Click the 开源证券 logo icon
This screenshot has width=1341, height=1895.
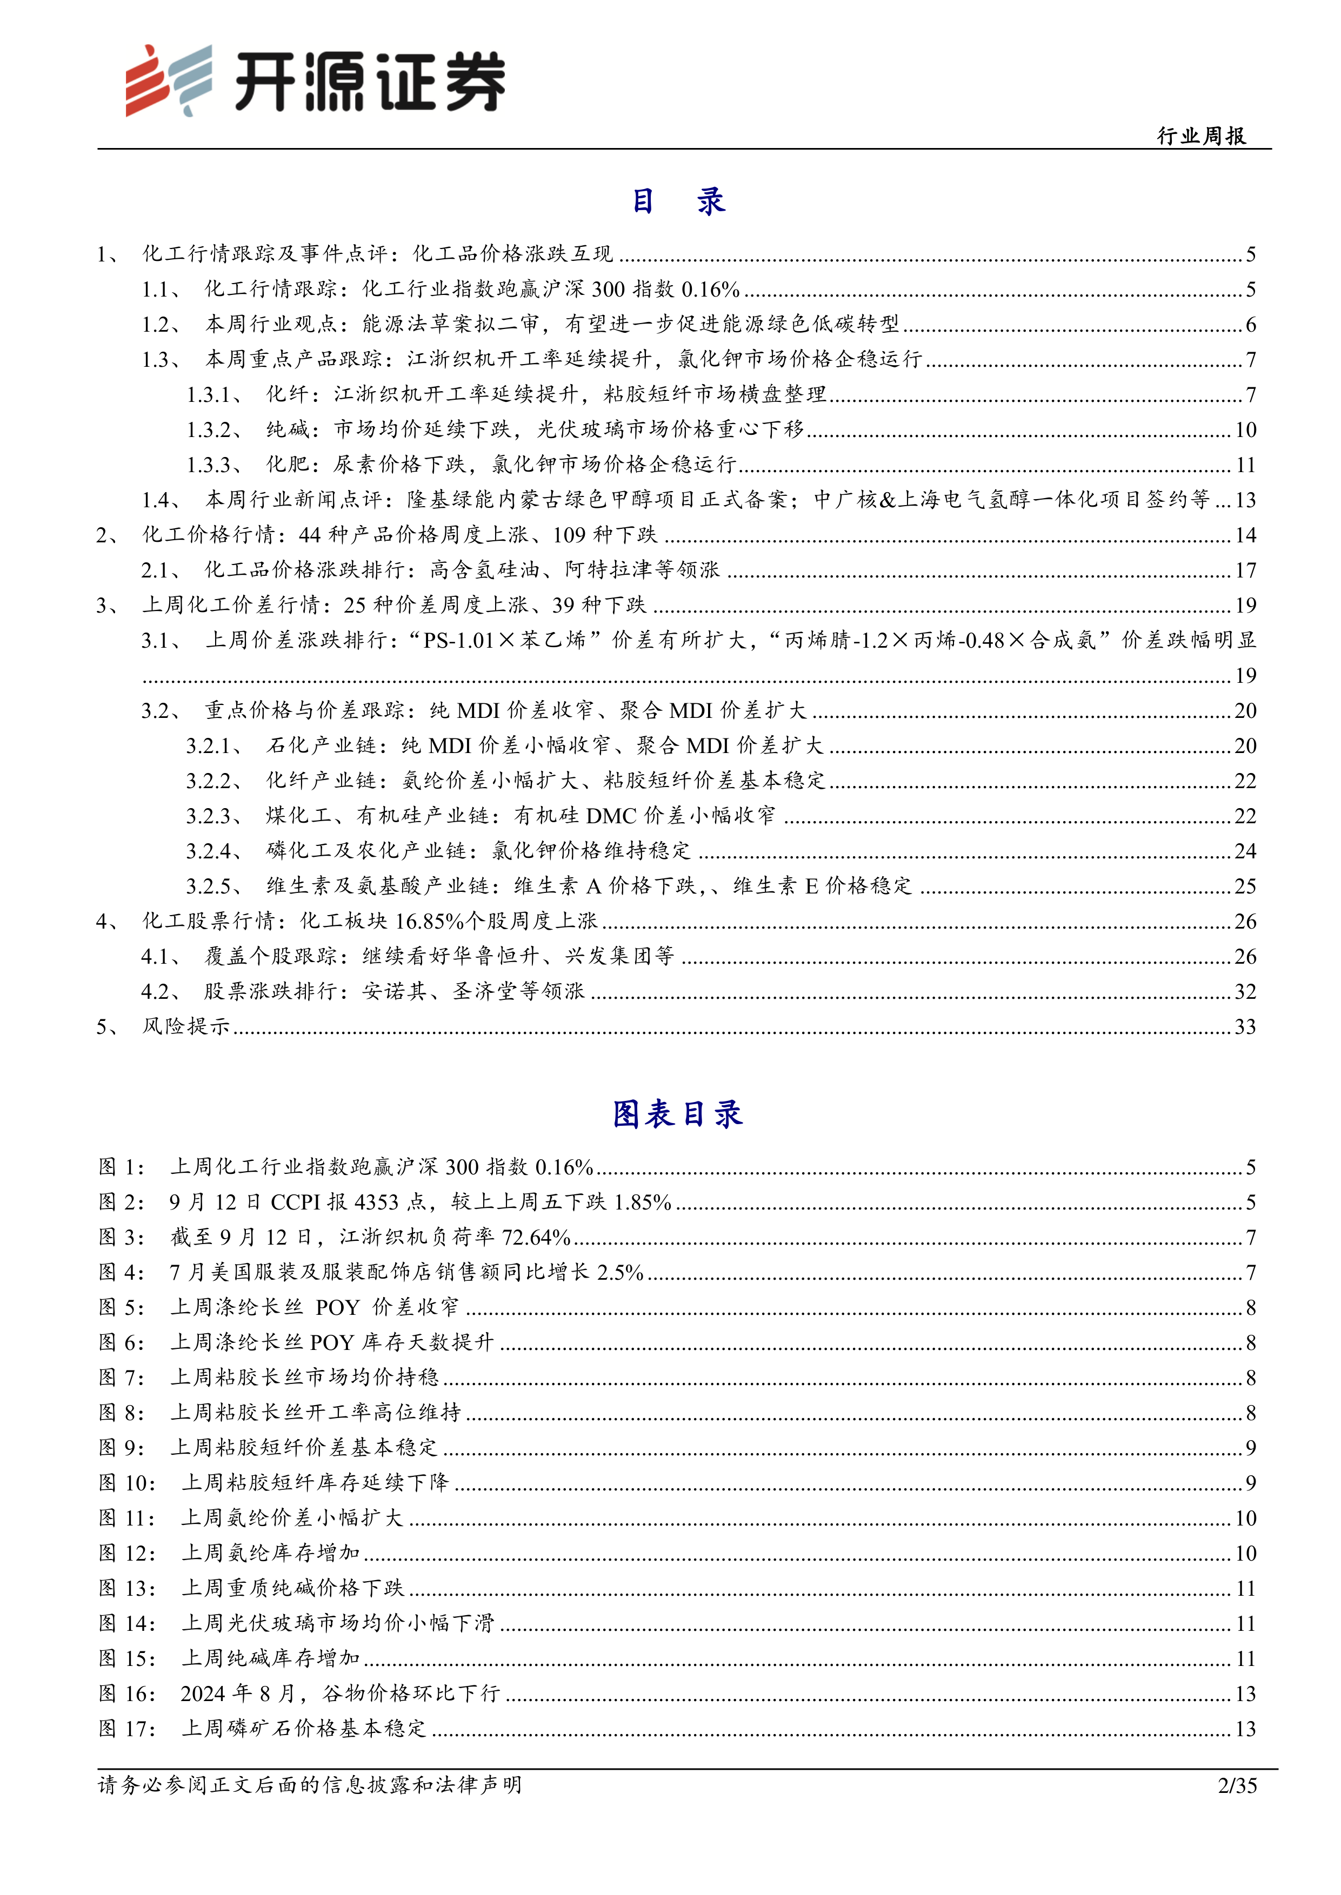pyautogui.click(x=168, y=81)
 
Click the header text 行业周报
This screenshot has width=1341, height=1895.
pyautogui.click(x=1202, y=136)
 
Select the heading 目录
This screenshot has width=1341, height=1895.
pyautogui.click(x=678, y=201)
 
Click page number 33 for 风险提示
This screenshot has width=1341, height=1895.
pyautogui.click(x=1245, y=1027)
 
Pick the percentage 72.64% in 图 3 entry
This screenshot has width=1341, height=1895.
pyautogui.click(x=537, y=1237)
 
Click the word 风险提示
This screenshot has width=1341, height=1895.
pyautogui.click(x=186, y=1027)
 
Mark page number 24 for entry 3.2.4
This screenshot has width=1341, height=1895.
pyautogui.click(x=1245, y=851)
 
